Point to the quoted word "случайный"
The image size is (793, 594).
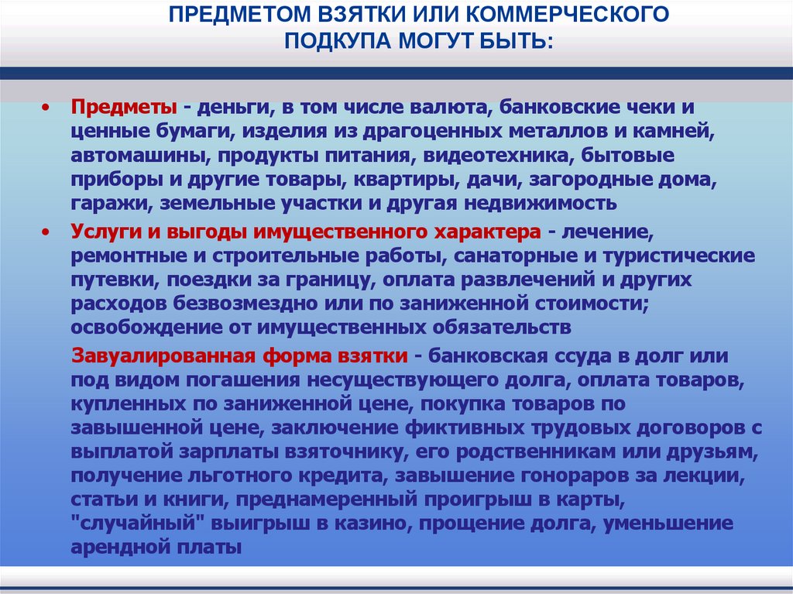click(x=131, y=524)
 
